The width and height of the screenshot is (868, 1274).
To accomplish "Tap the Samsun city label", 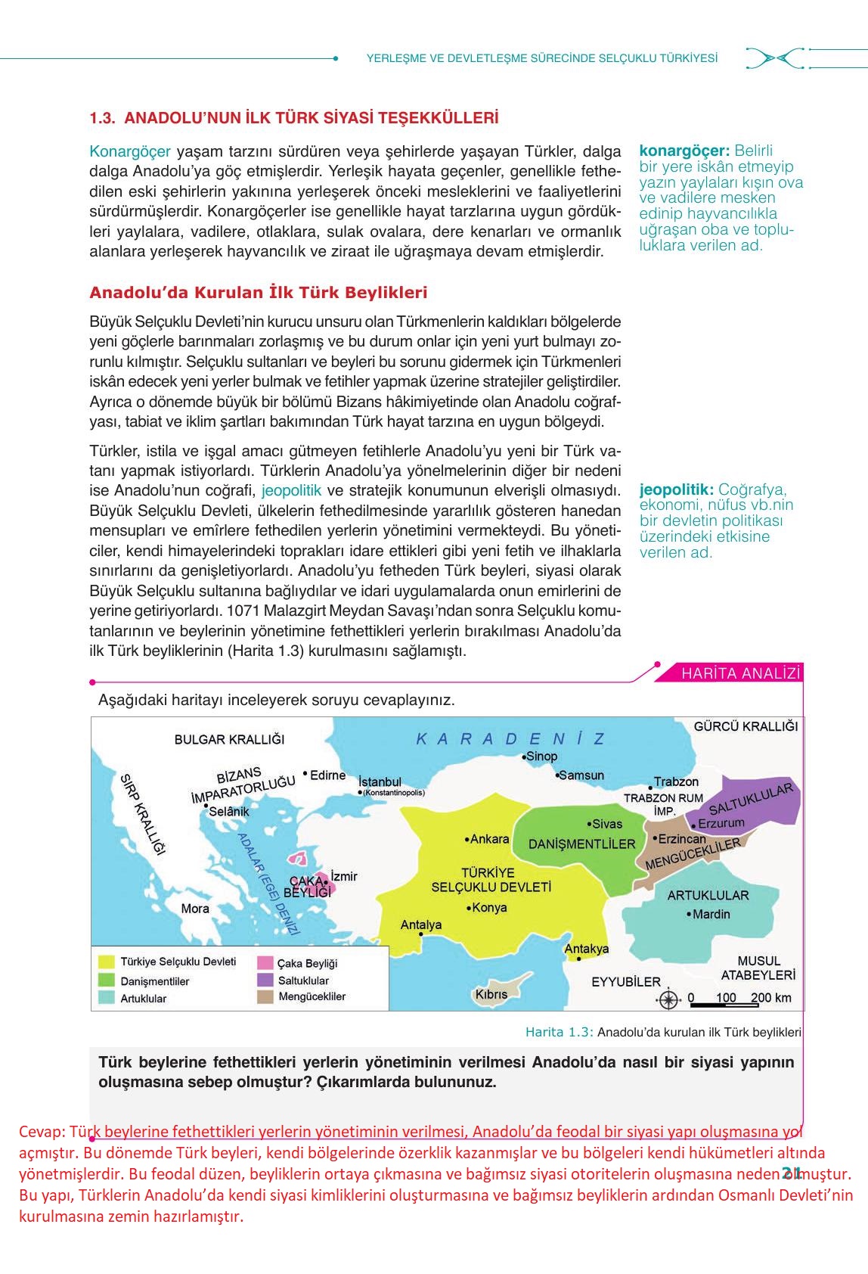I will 581,775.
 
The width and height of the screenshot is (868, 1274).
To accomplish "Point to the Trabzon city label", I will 676,781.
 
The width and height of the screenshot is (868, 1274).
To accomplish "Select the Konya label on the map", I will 488,907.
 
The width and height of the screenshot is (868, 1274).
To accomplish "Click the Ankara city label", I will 488,839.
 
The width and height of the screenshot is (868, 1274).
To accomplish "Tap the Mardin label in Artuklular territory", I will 711,914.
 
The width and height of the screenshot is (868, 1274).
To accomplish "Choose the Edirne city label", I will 327,775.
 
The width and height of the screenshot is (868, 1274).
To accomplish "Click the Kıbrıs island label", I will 491,994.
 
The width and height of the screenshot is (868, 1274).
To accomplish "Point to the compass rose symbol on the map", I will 668,999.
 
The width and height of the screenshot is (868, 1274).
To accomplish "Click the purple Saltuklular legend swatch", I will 265,980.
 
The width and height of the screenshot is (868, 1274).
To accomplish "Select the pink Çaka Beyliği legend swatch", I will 265,963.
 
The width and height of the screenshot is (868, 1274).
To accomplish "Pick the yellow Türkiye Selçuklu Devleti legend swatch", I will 107,962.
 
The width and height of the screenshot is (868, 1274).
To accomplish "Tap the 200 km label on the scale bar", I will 771,997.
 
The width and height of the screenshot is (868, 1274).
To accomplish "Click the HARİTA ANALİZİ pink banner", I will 740,673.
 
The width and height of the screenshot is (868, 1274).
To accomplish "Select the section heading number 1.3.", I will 101,118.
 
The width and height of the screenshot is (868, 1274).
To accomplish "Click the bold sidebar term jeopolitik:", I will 676,489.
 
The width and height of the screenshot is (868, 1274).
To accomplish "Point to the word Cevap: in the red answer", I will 42,1132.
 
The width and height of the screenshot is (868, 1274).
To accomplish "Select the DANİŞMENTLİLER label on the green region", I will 582,844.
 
